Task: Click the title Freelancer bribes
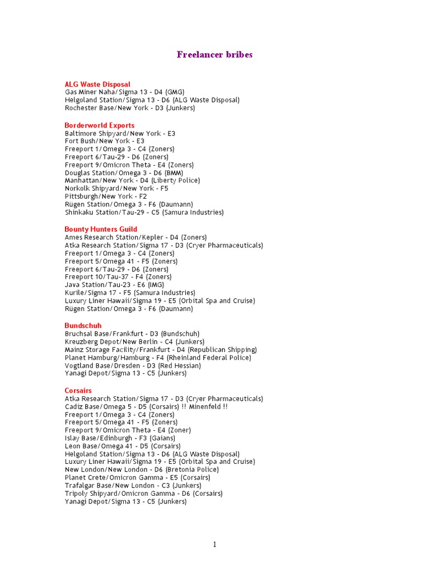214,55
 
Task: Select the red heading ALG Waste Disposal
97,84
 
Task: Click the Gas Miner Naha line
124,92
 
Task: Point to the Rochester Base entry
130,108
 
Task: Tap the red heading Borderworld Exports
100,125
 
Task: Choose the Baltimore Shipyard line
120,134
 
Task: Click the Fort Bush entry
104,142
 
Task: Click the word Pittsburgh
81,196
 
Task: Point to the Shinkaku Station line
144,213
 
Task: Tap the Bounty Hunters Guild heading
101,229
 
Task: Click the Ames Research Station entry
135,238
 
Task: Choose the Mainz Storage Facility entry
161,350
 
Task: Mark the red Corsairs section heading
78,391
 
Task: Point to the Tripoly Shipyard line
143,494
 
